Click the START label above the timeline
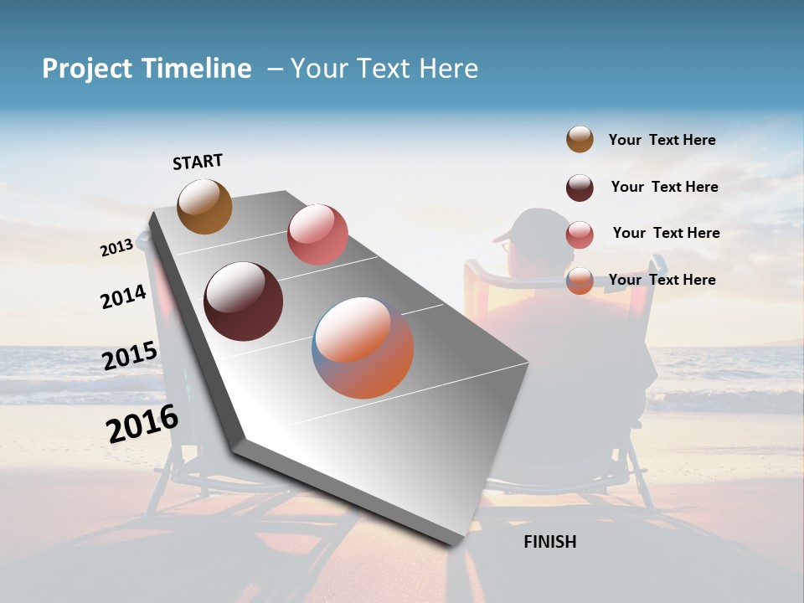pyautogui.click(x=198, y=162)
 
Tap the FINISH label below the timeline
pyautogui.click(x=550, y=542)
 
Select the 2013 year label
pyautogui.click(x=117, y=248)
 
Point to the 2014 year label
pyautogui.click(x=124, y=296)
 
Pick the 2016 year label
pyautogui.click(x=142, y=423)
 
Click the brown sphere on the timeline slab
pyautogui.click(x=205, y=206)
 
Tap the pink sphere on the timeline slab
pyautogui.click(x=317, y=234)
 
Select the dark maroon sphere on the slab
pyautogui.click(x=244, y=301)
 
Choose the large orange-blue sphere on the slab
pyautogui.click(x=363, y=348)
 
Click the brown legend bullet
pyautogui.click(x=580, y=140)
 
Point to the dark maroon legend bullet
pyautogui.click(x=580, y=188)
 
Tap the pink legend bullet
pyautogui.click(x=580, y=234)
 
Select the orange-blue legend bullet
pyautogui.click(x=580, y=281)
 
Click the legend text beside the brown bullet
pyautogui.click(x=662, y=141)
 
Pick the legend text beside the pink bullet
pyautogui.click(x=667, y=233)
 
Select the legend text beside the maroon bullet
pyautogui.click(x=665, y=187)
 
